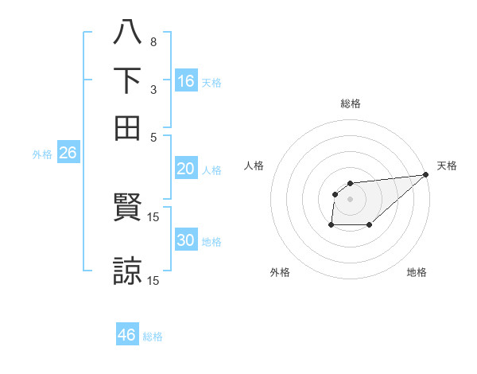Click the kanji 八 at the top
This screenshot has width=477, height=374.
tap(127, 32)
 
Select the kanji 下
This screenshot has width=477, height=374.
tap(127, 80)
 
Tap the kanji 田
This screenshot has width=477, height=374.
tap(127, 128)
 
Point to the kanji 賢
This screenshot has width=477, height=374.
tap(127, 207)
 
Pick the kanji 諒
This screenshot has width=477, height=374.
tap(127, 271)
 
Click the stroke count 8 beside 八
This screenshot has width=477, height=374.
tap(153, 42)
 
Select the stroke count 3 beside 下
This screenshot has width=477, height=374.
tap(153, 90)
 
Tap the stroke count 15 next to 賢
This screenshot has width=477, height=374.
tap(153, 217)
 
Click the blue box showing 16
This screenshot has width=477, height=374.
tap(186, 80)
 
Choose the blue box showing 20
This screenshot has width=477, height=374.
tap(186, 168)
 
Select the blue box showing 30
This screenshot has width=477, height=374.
tap(186, 239)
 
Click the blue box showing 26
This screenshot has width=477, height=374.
tap(68, 152)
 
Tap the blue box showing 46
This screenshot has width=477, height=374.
tap(127, 333)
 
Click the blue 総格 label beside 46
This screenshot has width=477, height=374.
tap(153, 337)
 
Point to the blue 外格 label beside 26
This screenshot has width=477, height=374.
tap(42, 154)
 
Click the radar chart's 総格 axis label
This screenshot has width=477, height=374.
tap(351, 103)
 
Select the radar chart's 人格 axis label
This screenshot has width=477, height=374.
tap(254, 166)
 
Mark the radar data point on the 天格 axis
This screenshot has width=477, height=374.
tap(426, 174)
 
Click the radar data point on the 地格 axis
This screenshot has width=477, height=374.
tap(370, 224)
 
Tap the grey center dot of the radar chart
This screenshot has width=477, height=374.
tap(350, 199)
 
